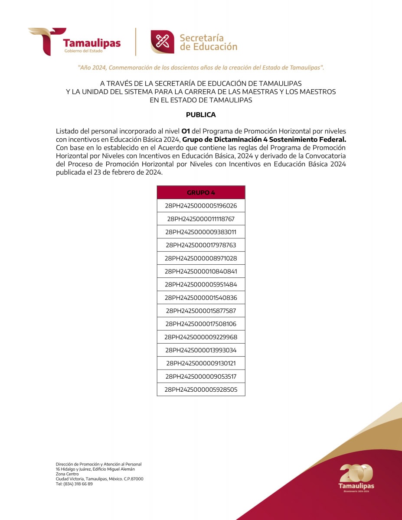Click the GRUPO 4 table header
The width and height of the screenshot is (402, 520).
[201, 192]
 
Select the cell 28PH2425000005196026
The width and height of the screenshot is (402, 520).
[201, 206]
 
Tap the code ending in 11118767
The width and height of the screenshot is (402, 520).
[201, 219]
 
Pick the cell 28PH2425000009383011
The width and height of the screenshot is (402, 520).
[201, 232]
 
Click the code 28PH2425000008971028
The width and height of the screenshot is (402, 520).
[201, 258]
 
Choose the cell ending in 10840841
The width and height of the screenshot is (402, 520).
[201, 271]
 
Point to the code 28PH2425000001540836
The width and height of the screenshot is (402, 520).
[201, 298]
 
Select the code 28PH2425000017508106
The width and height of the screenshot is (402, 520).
[201, 324]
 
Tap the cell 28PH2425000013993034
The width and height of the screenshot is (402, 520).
[201, 350]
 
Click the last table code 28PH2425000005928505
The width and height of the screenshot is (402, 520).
[201, 389]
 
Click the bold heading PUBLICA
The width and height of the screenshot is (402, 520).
[201, 115]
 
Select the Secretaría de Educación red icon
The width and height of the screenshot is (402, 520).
[162, 42]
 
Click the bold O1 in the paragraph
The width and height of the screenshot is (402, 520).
[186, 131]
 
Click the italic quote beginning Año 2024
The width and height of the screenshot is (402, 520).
[201, 68]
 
